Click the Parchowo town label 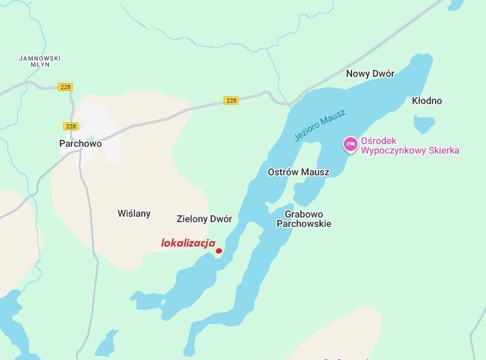80,143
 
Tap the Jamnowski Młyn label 40,62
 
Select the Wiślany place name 134,213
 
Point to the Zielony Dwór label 204,219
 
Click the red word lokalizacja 188,242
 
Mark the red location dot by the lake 219,251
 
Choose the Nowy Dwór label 370,73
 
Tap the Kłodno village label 427,101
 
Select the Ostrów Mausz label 298,172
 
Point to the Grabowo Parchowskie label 304,217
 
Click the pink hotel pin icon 350,144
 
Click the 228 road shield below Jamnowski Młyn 65,87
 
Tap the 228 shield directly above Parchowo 71,126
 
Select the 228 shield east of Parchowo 231,101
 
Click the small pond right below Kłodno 424,124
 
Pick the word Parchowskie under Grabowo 304,223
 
